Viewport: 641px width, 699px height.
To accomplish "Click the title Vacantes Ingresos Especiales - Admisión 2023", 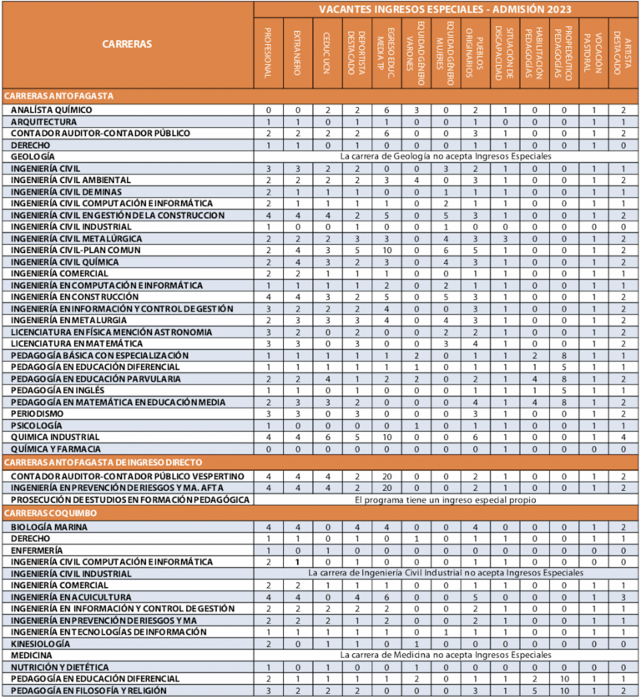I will tap(446, 8).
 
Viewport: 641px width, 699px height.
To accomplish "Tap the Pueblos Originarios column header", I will tap(474, 52).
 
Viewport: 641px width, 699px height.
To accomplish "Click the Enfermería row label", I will tap(36, 551).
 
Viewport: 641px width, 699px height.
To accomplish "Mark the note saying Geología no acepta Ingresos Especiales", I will tap(446, 156).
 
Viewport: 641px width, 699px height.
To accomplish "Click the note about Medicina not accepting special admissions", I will tap(446, 656).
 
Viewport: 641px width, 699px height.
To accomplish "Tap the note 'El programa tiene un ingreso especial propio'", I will tap(446, 499).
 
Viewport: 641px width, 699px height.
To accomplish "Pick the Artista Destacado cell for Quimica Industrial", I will tap(623, 437).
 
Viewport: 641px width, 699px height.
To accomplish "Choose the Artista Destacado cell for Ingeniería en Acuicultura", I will tap(623, 598).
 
